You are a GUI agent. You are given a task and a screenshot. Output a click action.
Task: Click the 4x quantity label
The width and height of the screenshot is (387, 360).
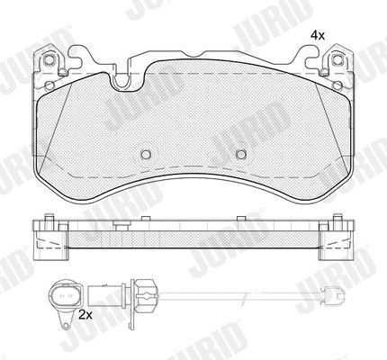[x=318, y=36]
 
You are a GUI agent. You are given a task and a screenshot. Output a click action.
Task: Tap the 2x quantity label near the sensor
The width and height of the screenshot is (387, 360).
[x=85, y=315]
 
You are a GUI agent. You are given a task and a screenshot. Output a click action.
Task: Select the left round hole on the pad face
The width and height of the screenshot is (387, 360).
[x=146, y=154]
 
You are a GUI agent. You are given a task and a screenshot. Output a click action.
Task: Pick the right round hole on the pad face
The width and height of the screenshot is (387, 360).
[x=241, y=154]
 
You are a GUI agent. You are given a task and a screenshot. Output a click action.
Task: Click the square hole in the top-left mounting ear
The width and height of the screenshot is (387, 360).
[x=49, y=60]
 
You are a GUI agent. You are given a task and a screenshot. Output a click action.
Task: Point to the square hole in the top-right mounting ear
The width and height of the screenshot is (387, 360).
[x=337, y=59]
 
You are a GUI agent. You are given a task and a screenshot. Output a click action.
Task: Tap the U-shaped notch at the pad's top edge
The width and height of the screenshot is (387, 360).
[x=121, y=82]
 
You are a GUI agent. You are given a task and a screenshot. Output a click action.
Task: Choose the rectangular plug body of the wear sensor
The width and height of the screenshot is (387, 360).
[x=105, y=295]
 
